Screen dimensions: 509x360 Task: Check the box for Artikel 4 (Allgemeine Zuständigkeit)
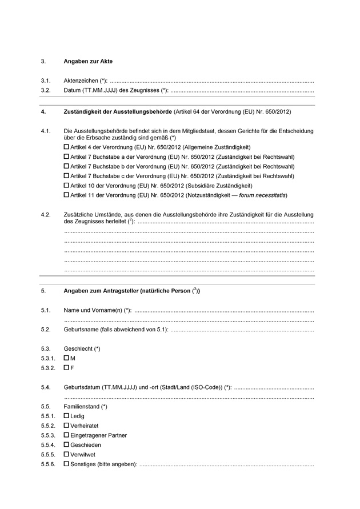pos(66,147)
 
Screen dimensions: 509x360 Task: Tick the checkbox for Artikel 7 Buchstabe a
pos(66,157)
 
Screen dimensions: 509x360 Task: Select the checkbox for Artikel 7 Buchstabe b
pos(66,166)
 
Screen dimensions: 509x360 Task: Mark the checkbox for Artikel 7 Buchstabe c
pos(66,176)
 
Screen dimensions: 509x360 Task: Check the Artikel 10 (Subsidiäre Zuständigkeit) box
pos(66,186)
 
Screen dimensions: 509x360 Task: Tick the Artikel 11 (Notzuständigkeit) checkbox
pos(66,195)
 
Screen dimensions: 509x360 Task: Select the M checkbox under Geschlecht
pos(66,358)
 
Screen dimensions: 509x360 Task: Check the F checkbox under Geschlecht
pos(66,368)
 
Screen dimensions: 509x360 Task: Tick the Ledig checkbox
pos(66,416)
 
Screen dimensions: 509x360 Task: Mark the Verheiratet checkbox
pos(66,426)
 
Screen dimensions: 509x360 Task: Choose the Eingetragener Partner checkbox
pos(66,435)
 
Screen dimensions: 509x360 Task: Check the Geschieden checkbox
pos(66,445)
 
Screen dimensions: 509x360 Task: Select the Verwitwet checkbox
pos(66,455)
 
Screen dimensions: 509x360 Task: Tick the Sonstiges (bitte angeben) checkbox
pos(66,464)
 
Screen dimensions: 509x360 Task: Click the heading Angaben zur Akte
pos(88,61)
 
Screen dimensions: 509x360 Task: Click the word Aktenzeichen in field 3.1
pos(81,81)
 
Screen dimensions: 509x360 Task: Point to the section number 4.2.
pos(46,214)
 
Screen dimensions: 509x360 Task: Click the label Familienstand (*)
pos(85,407)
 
